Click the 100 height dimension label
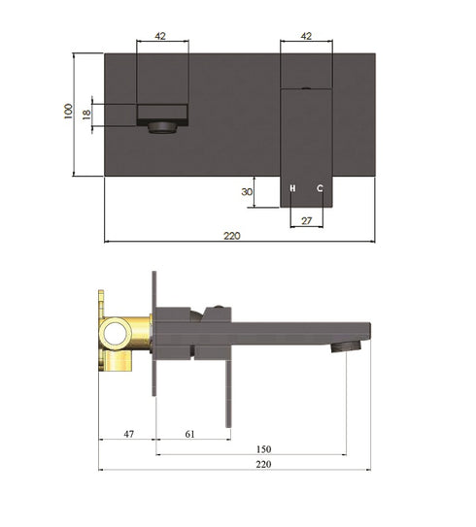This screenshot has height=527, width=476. click(67, 113)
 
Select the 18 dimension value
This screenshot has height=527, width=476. click(86, 114)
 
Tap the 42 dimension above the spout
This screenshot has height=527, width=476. click(160, 35)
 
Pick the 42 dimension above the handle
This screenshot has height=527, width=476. click(306, 35)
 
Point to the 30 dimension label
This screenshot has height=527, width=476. click(247, 192)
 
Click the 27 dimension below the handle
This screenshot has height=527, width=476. click(306, 221)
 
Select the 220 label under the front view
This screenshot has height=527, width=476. click(231, 236)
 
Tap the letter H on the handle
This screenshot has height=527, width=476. click(291, 187)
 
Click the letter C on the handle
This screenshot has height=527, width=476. click(320, 187)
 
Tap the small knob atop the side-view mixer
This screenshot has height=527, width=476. click(221, 310)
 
